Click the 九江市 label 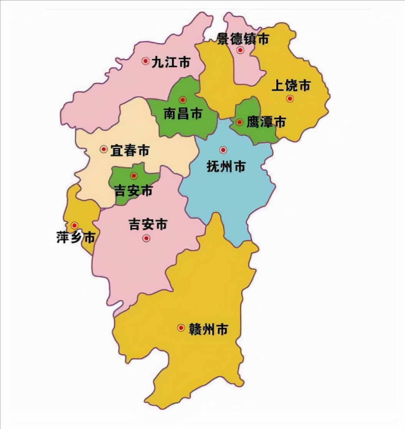pyautogui.click(x=171, y=62)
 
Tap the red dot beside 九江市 pyautogui.click(x=145, y=61)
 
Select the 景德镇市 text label pyautogui.click(x=243, y=39)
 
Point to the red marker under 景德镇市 pyautogui.click(x=240, y=50)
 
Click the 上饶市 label pyautogui.click(x=291, y=86)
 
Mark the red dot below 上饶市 pyautogui.click(x=290, y=99)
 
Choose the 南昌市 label pyautogui.click(x=183, y=114)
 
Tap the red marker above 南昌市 pyautogui.click(x=183, y=100)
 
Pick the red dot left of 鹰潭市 pyautogui.click(x=239, y=122)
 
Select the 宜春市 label pyautogui.click(x=130, y=150)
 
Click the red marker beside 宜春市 pyautogui.click(x=104, y=149)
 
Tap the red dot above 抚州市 pyautogui.click(x=223, y=150)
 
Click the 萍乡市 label pyautogui.click(x=76, y=238)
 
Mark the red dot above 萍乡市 pyautogui.click(x=75, y=225)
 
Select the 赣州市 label pyautogui.click(x=209, y=329)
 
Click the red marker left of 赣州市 pyautogui.click(x=181, y=328)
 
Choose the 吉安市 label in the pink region pyautogui.click(x=148, y=224)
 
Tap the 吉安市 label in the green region pyautogui.click(x=134, y=190)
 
